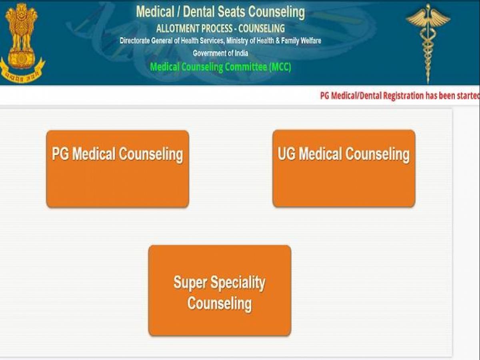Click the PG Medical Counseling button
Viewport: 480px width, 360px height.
click(x=118, y=169)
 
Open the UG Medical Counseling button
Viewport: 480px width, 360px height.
click(x=344, y=168)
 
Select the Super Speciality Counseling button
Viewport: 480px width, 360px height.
click(x=220, y=290)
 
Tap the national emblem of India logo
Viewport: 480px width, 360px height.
click(x=22, y=43)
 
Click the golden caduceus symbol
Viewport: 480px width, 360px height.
click(x=428, y=43)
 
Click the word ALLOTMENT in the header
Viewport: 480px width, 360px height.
click(x=177, y=28)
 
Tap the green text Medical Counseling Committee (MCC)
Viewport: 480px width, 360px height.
click(x=220, y=67)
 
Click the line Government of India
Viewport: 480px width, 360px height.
click(x=220, y=53)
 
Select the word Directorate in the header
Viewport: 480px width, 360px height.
click(x=135, y=41)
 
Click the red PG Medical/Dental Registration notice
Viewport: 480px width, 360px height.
click(x=400, y=96)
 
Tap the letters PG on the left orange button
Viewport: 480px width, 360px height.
click(x=60, y=154)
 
